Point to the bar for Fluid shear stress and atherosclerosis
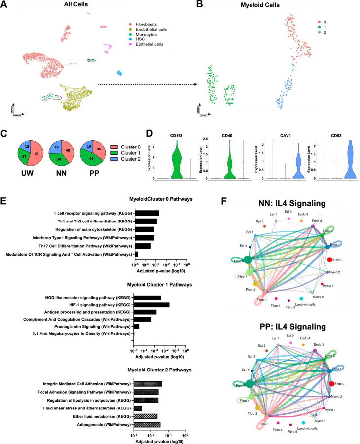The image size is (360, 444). pos(138,408)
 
